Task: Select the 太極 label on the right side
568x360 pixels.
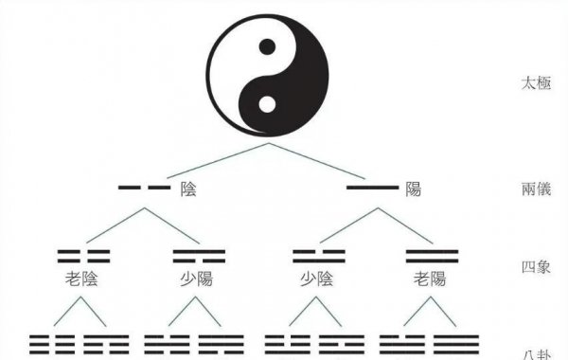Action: tap(536, 82)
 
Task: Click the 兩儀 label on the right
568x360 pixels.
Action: tap(536, 189)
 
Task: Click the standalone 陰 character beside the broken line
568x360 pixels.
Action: tap(188, 189)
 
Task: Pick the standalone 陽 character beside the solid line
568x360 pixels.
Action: tap(414, 189)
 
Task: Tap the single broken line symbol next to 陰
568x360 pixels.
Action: tap(144, 189)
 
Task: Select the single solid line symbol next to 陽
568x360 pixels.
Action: tap(371, 189)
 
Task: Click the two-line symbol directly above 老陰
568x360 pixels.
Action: tap(83, 255)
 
